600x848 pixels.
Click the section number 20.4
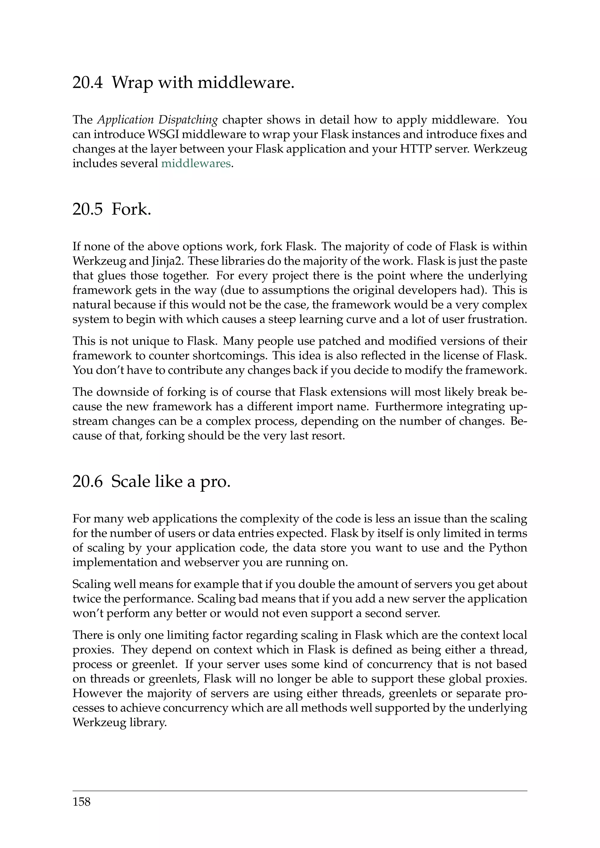tap(87, 82)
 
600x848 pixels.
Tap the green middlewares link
tap(196, 163)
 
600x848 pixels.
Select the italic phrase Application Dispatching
tap(158, 120)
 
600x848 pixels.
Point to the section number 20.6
tap(87, 482)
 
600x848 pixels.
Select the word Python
tap(508, 548)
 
